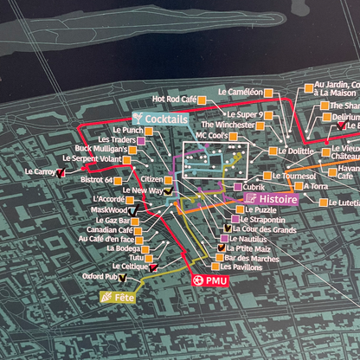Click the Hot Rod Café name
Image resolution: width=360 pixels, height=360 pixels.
pos(175,100)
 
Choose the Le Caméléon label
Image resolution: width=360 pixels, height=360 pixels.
pos(241,91)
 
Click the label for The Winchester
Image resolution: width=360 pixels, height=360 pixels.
pos(229,125)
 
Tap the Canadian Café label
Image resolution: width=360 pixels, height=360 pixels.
pos(109,230)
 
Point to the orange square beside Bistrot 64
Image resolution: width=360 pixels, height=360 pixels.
pos(119,180)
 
